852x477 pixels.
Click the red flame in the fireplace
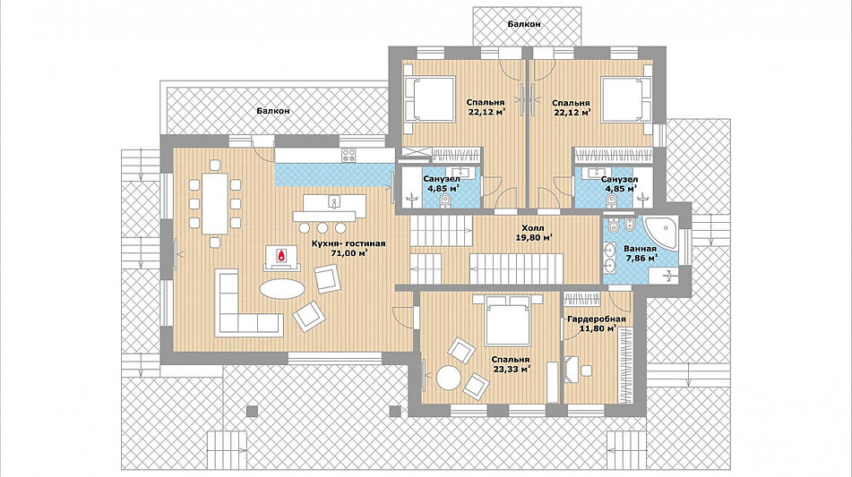point(281,256)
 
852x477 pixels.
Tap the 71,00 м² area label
point(348,252)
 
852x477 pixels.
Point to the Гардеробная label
point(596,319)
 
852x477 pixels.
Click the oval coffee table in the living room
point(282,288)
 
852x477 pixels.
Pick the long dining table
point(215,203)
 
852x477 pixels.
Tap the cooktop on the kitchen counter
point(349,155)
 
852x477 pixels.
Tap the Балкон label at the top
point(524,24)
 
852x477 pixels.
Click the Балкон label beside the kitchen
point(272,111)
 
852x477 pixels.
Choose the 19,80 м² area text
point(534,237)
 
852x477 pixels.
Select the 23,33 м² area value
point(511,369)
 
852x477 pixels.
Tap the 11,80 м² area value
point(598,328)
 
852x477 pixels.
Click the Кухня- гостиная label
point(349,243)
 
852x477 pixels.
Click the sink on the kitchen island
point(333,203)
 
